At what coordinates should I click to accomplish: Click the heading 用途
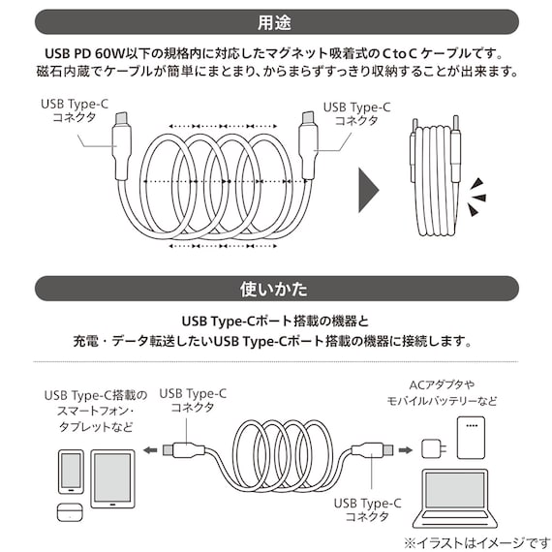click(x=276, y=20)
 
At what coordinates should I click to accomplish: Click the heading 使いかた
click(x=276, y=290)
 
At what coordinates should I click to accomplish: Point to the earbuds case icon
click(x=69, y=512)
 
